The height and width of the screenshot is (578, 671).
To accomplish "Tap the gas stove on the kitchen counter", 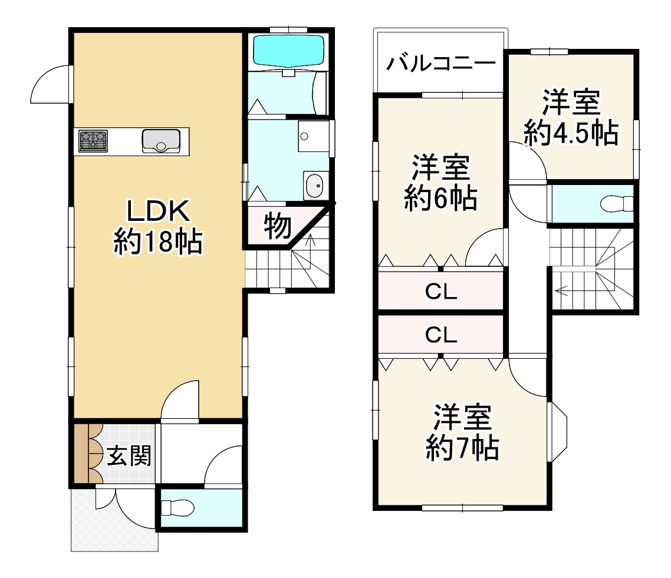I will [x=93, y=141].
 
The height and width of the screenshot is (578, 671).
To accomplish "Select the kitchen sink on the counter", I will [x=160, y=141].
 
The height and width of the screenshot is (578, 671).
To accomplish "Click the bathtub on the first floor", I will [x=288, y=51].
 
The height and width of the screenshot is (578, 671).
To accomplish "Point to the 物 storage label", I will [x=277, y=226].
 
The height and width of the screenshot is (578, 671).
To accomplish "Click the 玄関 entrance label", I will [x=129, y=455].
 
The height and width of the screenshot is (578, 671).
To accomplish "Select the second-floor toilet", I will [x=616, y=204].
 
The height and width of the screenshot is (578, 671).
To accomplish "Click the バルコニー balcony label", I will [x=440, y=62].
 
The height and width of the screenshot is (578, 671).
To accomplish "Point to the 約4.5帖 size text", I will [x=571, y=134].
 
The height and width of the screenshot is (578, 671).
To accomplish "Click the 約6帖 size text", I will [x=440, y=199].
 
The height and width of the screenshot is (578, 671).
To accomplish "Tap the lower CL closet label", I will [x=441, y=335].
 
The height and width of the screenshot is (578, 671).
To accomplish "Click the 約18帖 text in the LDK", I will [x=158, y=242].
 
